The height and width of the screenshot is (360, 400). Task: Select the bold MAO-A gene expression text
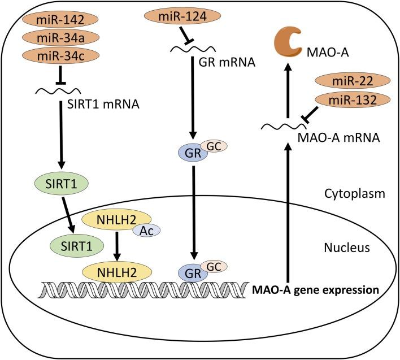click(314, 290)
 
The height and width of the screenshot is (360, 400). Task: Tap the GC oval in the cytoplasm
click(212, 146)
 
